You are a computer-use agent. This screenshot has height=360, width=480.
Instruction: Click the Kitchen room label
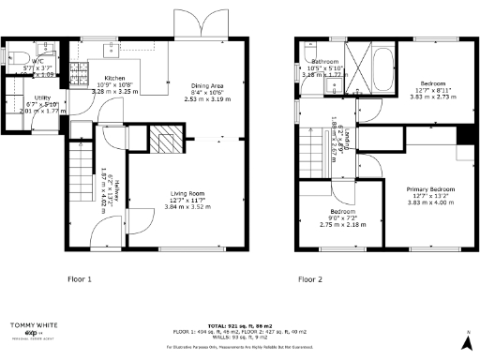pos(114,78)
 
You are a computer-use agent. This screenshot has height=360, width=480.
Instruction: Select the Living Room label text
pos(188,194)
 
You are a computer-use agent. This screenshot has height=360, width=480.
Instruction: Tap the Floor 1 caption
pos(78,279)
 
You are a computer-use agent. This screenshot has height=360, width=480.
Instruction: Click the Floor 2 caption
pos(310,279)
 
